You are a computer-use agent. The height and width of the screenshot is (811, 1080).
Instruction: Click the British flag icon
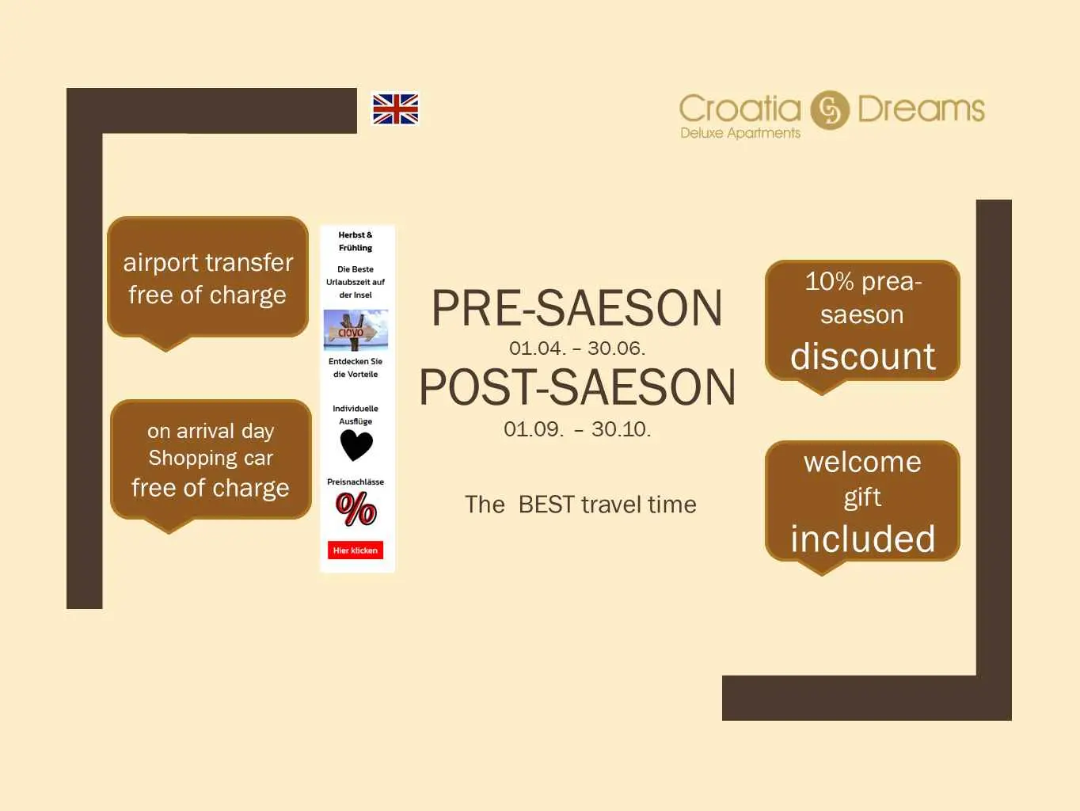pos(395,109)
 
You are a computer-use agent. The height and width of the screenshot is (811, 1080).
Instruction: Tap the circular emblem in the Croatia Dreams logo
pos(830,110)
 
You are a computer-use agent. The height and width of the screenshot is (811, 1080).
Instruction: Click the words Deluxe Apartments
pos(740,133)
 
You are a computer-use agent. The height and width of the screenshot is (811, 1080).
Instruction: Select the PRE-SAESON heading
pos(576,308)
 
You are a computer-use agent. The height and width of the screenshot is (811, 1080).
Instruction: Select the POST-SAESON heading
pos(577,387)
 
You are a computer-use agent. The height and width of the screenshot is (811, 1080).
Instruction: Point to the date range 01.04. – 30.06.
pos(576,348)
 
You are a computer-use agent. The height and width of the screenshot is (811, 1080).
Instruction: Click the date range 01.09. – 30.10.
pos(577,429)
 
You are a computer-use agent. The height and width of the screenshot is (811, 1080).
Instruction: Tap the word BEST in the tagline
pos(546,504)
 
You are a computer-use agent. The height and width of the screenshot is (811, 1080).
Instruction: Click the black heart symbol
pos(356,445)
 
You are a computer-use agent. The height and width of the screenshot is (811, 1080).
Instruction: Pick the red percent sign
pos(356,509)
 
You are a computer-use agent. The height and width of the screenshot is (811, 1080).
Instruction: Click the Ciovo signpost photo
pos(356,329)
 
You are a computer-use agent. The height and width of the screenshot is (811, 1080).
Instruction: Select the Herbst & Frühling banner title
pos(356,241)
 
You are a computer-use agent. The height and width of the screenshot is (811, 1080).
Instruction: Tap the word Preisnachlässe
pos(356,482)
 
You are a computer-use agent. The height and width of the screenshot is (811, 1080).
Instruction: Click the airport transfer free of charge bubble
pos(207,283)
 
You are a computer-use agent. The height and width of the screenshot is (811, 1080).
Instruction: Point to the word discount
pos(862,356)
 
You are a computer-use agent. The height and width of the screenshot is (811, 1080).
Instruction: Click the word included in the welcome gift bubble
pos(862,539)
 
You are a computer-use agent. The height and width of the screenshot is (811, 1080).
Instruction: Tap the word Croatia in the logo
pos(740,109)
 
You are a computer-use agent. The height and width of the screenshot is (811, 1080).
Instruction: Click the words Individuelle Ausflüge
pos(356,415)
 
